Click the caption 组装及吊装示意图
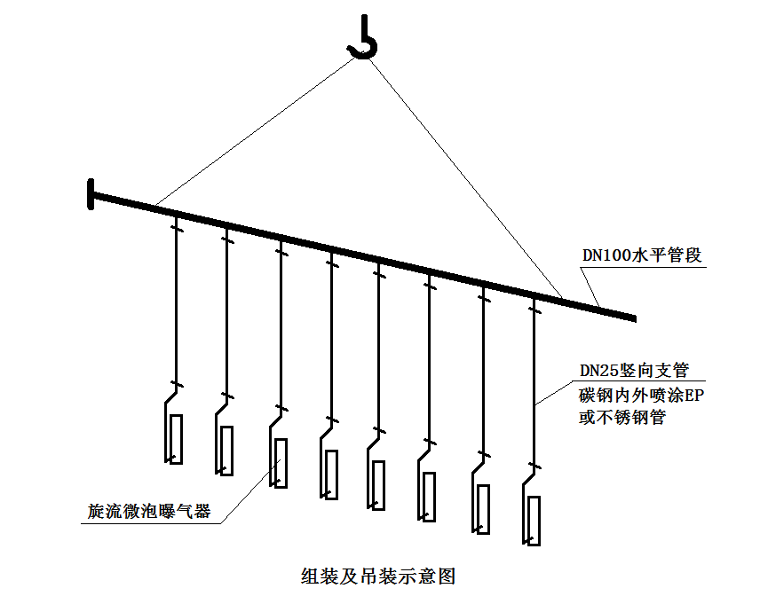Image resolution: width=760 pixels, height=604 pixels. pos(379,576)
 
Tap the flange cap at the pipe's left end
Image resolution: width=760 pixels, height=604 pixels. pos(91,193)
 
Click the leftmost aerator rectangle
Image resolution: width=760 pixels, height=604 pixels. pos(176,439)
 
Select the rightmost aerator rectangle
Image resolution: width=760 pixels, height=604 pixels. pos(534,521)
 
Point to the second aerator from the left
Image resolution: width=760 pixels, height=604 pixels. pos(227,451)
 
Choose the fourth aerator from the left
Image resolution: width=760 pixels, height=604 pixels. pos(330,475)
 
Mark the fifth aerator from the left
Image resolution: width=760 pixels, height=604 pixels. pos(378,485)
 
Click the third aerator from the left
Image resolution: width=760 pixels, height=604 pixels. pos(280,463)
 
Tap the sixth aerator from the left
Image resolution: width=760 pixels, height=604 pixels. pos(429,497)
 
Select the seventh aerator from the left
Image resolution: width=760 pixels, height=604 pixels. pos(482,508)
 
